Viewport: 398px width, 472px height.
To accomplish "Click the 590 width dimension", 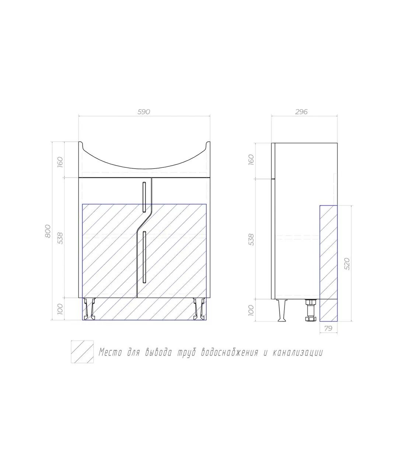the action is pos(144,112).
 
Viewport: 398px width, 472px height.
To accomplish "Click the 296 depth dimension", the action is pos(301,112).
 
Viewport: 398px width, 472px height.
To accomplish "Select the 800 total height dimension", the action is pos(48,231).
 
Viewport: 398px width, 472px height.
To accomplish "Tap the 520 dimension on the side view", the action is pos(347,264).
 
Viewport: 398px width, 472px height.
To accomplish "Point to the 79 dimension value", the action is pos(328,328).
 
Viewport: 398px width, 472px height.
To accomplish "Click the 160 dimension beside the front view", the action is pos(60,162).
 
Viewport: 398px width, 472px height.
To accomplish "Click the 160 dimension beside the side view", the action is pos(251,160).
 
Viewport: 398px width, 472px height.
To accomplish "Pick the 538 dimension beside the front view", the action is pos(60,238).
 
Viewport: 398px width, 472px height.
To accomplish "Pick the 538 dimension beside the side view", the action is pos(251,240).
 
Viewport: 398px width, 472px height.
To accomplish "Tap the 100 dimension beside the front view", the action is pos(60,309).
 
